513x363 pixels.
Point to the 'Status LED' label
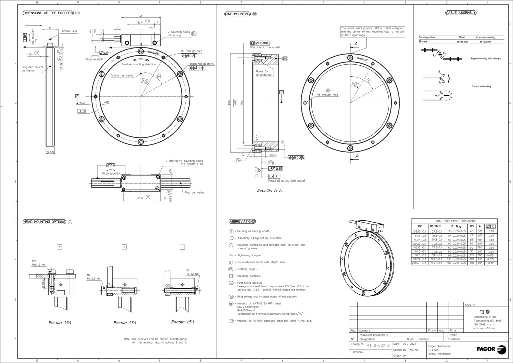coord(69,31)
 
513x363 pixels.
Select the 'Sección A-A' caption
coord(268,191)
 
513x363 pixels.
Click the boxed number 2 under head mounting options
coord(124,247)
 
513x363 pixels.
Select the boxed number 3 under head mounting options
coord(182,247)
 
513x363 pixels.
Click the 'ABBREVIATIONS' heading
coord(242,221)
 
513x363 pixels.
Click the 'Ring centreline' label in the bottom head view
coord(194,192)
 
